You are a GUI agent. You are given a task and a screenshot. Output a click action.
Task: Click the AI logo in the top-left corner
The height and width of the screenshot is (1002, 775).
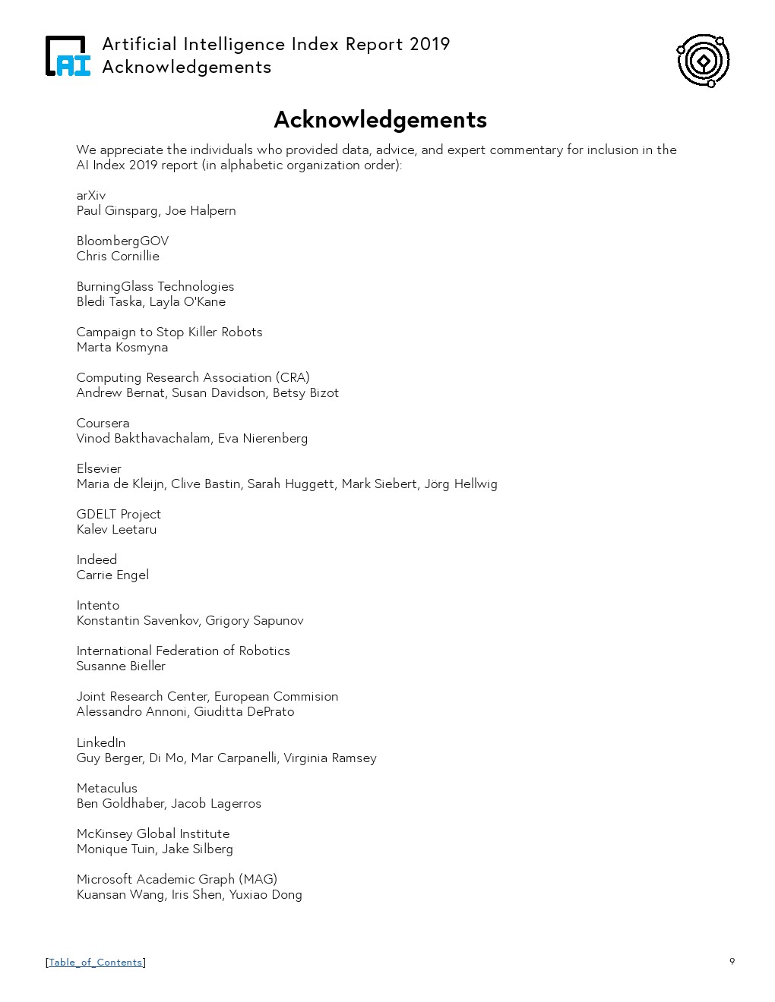click(68, 56)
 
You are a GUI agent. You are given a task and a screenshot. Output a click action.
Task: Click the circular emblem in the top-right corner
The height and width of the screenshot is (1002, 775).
click(703, 60)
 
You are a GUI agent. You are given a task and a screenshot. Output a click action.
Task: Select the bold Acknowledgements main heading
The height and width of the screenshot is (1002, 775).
click(380, 120)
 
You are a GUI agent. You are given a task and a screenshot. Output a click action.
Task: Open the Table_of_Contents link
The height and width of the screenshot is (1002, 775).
click(96, 962)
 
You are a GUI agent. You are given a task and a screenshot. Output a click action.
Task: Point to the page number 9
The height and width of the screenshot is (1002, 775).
click(732, 961)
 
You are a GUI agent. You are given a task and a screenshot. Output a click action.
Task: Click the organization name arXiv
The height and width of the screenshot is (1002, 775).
click(91, 195)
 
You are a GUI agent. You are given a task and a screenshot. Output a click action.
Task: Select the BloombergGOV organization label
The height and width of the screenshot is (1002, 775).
click(122, 241)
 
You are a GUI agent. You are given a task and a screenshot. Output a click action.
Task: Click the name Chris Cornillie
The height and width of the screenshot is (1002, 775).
click(118, 256)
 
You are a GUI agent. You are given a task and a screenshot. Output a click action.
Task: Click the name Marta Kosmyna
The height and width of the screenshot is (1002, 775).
click(122, 347)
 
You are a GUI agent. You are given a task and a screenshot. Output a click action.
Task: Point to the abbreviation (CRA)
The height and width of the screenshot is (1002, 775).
click(293, 377)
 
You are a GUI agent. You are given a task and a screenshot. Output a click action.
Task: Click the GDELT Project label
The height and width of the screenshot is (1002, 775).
click(119, 514)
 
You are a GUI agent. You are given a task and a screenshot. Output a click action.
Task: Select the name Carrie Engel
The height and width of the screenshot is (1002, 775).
click(112, 575)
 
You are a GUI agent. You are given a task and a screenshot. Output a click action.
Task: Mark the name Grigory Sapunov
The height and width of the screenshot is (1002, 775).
click(255, 620)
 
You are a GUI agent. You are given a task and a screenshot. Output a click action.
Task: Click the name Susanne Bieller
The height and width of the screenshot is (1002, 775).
click(121, 666)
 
